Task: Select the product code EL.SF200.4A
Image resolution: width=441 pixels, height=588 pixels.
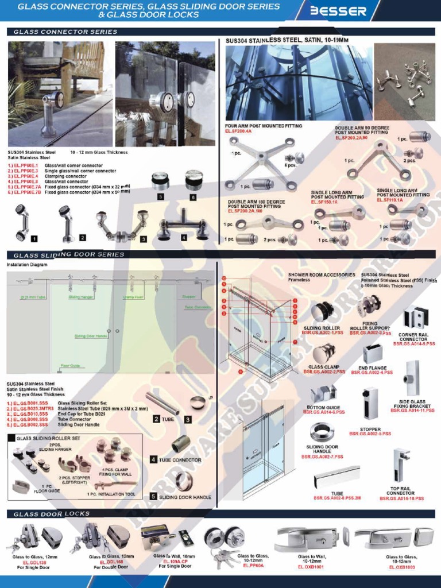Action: coord(240,131)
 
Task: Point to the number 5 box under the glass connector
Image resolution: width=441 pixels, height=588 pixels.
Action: coord(161,196)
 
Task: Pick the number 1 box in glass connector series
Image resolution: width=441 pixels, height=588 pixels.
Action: coord(35,237)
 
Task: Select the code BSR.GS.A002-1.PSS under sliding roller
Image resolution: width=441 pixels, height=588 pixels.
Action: coord(324,332)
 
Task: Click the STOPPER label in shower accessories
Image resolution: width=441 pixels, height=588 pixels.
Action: coord(370,429)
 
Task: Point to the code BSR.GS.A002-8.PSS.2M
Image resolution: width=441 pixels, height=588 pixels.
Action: coord(337,498)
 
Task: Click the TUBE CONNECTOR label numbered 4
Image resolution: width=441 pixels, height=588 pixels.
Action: coord(179,460)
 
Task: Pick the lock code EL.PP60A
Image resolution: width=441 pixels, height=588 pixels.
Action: coord(253,566)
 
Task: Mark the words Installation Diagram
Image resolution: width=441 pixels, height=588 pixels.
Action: coord(26,265)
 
